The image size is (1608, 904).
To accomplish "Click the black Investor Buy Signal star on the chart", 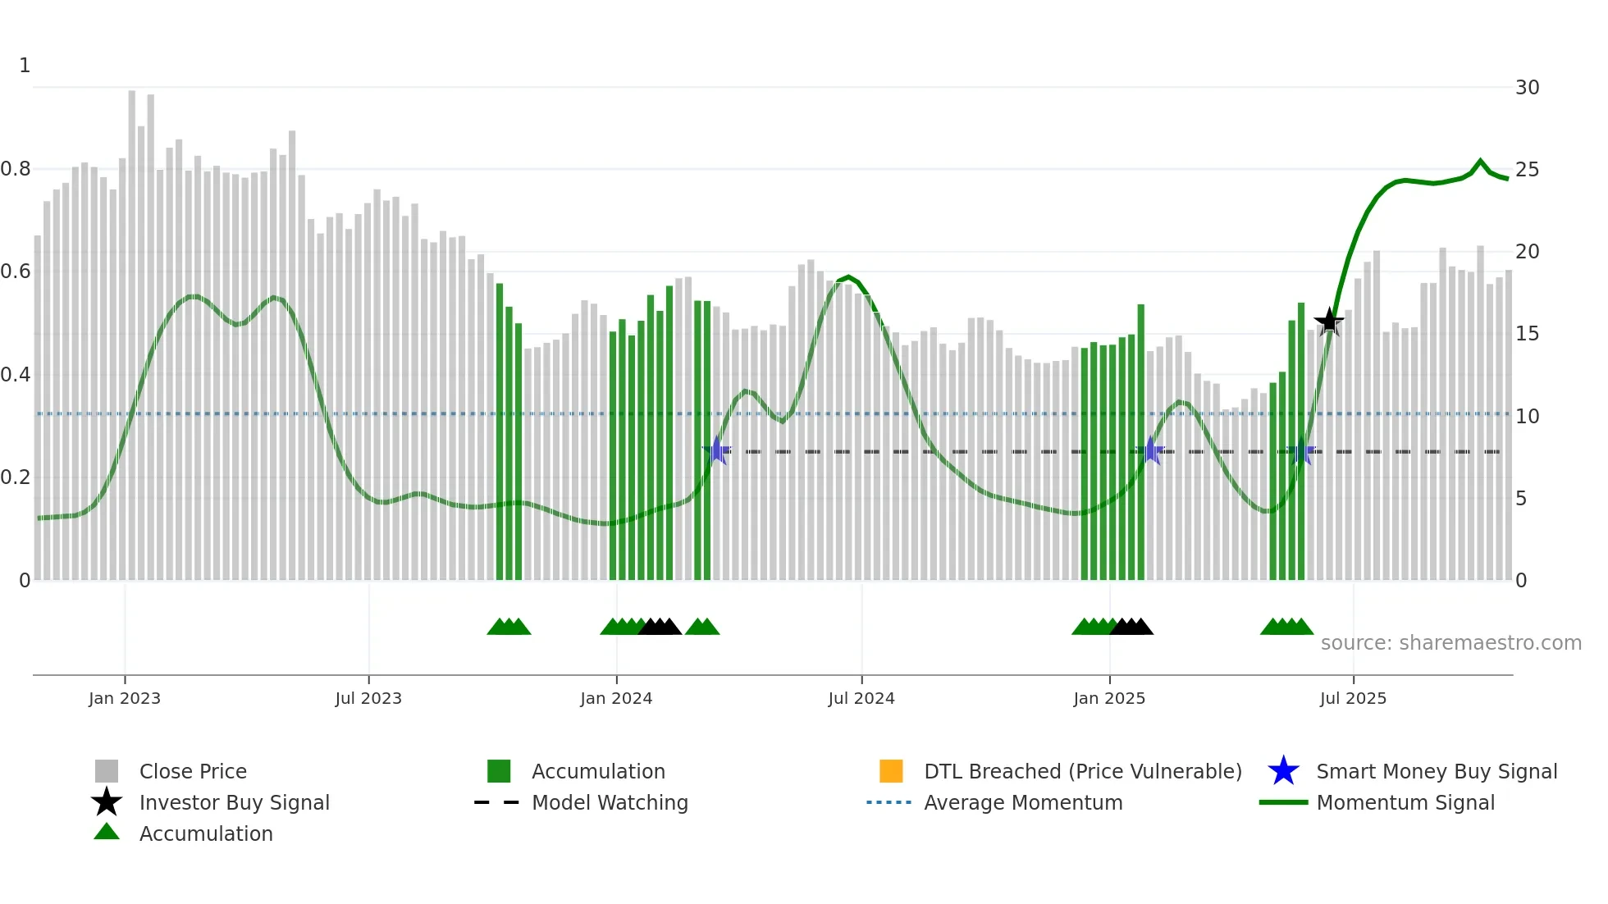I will point(1329,322).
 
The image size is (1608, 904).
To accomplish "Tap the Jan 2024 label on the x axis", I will point(616,699).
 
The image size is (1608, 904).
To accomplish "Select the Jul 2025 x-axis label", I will point(1353,699).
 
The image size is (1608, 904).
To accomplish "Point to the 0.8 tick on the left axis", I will point(16,169).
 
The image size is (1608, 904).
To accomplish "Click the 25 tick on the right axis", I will point(1527,170).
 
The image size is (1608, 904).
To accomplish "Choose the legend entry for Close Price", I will point(193,772).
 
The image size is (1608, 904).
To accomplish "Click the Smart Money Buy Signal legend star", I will point(1283,772).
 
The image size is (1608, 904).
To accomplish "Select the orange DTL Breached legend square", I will point(891,772).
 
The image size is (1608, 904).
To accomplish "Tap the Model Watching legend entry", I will point(610,803).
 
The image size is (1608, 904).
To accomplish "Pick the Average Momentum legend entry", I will point(1022,803).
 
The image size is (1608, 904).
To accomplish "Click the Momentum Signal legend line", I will point(1284,803).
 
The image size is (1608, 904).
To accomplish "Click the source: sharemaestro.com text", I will point(1450,643).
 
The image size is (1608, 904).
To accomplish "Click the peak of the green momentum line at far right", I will point(1481,162).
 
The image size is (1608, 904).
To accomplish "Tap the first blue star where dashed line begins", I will point(717,451).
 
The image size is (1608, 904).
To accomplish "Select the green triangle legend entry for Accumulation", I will point(107,833).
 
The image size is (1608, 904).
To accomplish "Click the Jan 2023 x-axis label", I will point(125,699).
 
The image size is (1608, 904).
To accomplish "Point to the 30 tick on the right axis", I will point(1527,88).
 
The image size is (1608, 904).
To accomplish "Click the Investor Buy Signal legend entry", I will point(234,803).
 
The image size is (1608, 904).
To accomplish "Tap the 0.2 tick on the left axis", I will point(16,477).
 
